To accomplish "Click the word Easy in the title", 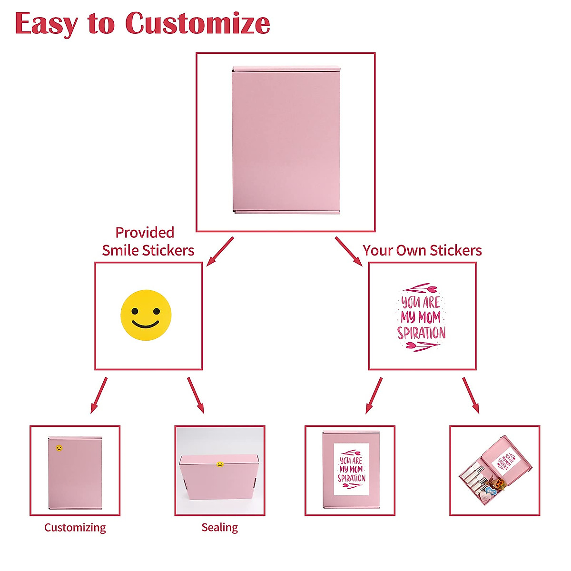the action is coord(45,24).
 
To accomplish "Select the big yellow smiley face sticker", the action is coord(146,315).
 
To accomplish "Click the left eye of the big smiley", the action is coord(135,311).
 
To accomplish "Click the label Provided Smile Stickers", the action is coord(148,241).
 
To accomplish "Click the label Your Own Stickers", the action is coord(422,250).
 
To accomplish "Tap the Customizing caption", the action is coord(75,527).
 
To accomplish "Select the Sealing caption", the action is coord(219,527).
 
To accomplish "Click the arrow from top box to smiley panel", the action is coord(220,251).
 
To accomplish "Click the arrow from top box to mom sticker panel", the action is coord(349,251).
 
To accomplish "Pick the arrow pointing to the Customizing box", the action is coord(99,395).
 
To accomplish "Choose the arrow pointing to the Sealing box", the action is coord(196,395).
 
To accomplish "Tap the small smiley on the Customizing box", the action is coord(59,448).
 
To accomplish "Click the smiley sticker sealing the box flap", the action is coord(219,464).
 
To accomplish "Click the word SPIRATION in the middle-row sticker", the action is coord(422,333).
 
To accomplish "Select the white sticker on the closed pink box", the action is coord(351,469).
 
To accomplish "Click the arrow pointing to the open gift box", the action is coord(471,395).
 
